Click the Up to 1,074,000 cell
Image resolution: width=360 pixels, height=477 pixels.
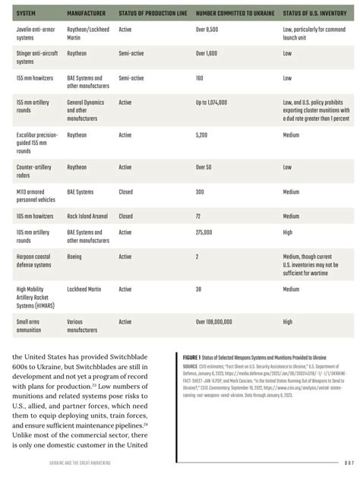pos(216,102)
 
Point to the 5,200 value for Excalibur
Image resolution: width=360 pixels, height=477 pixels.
pos(202,134)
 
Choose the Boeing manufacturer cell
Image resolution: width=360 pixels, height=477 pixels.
pos(75,257)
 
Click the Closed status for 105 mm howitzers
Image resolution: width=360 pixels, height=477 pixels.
pos(125,216)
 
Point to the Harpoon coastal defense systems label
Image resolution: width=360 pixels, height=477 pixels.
pos(34,261)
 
